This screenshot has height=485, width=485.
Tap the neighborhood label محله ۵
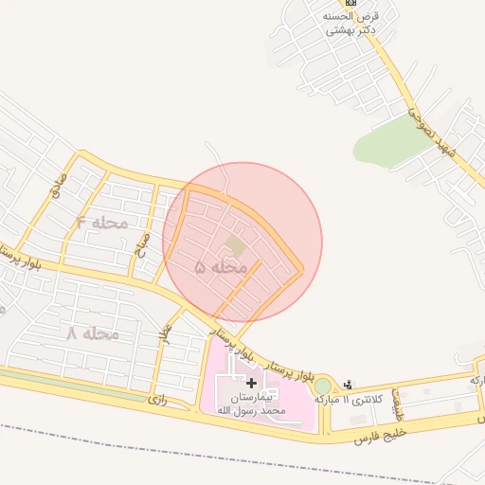(220, 268)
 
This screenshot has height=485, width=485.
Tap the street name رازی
(156, 401)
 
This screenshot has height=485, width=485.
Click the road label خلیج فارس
(379, 435)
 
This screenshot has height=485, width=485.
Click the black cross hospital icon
(250, 382)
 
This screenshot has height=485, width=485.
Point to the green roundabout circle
(323, 386)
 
